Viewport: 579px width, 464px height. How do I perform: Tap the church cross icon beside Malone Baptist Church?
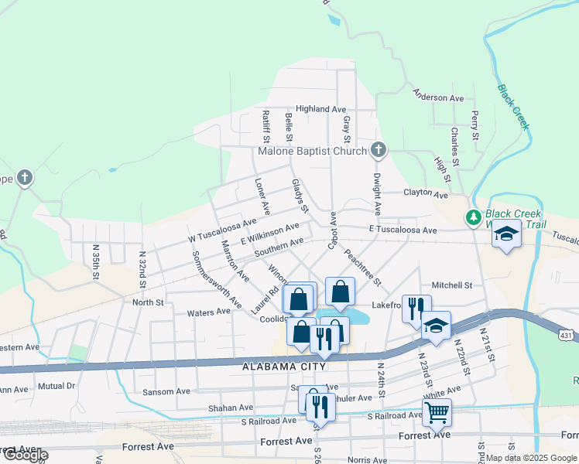coord(378,149)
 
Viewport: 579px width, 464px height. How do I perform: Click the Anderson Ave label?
coord(438,97)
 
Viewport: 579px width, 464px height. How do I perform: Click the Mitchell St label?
coord(452,285)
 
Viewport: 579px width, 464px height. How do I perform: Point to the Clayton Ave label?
coord(426,195)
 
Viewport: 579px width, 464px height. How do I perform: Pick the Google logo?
coord(25,455)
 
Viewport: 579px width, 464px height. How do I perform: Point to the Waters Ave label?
coord(209,312)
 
